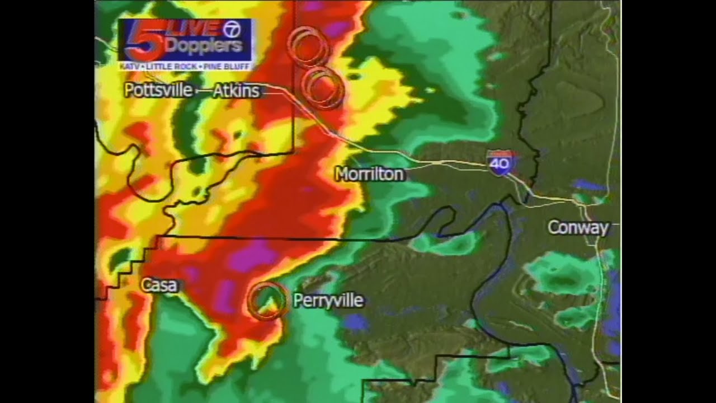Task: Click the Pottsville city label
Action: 158,90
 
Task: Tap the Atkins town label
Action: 236,91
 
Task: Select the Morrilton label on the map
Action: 369,175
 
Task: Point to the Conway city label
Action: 578,228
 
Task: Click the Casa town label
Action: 159,285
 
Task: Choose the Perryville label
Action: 328,301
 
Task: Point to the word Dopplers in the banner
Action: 204,46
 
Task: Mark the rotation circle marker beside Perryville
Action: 266,301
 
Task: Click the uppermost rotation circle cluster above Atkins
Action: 308,46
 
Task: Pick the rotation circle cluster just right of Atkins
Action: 322,87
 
